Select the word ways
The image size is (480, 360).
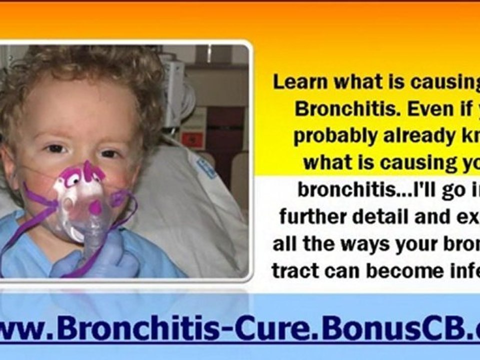pyautogui.click(x=369, y=244)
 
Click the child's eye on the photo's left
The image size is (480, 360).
pyautogui.click(x=55, y=149)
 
